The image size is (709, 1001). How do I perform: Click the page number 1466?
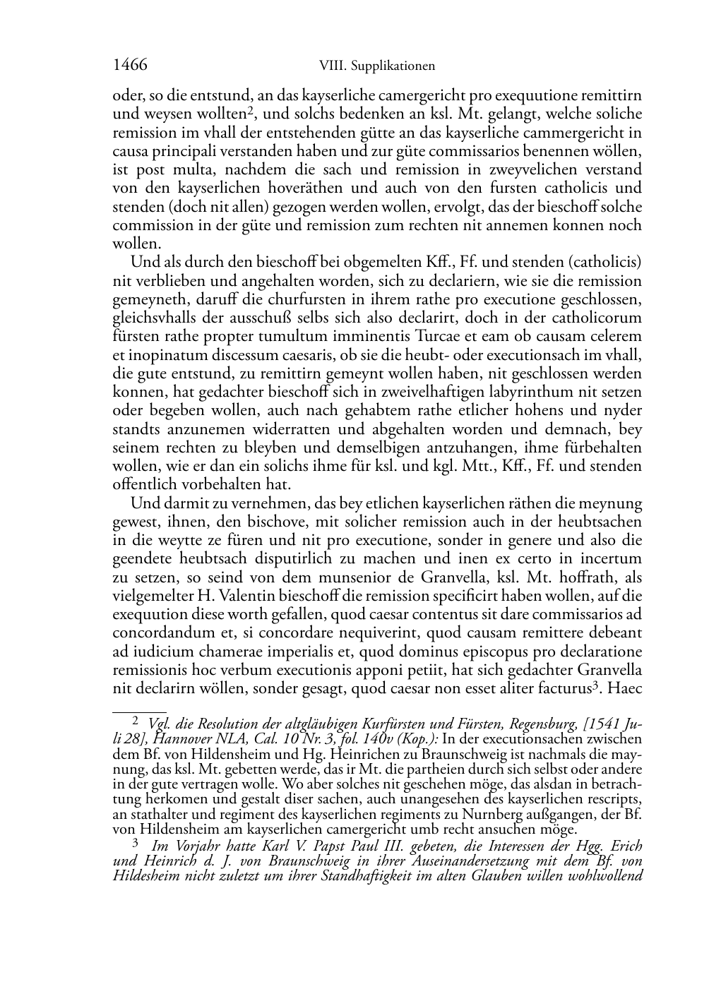coord(130,65)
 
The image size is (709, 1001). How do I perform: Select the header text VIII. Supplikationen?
coord(377,66)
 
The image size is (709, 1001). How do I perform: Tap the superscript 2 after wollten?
coord(250,110)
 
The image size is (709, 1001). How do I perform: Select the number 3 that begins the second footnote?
coord(136,841)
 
